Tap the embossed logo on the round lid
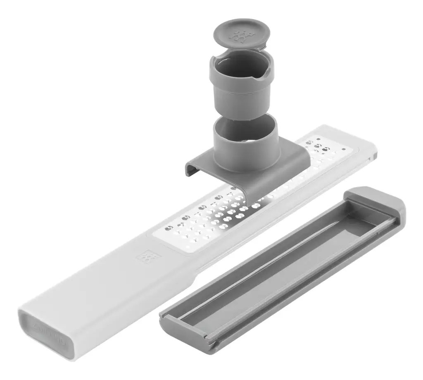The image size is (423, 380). pos(239,36)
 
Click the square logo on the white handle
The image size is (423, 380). pos(145,256)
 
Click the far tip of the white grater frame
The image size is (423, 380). pos(372,149)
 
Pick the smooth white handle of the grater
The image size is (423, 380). pos(103,289)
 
